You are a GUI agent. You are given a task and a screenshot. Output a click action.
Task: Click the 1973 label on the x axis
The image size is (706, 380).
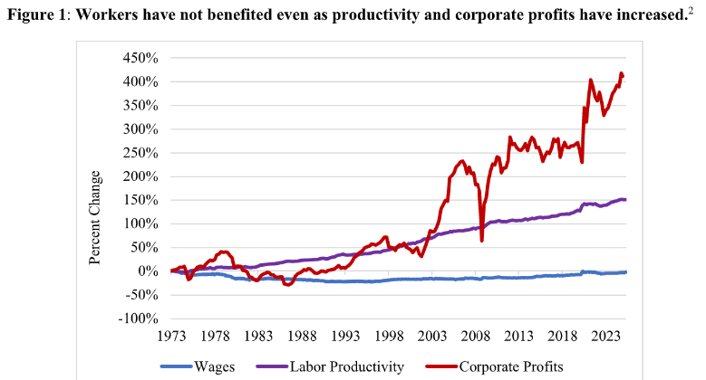172,336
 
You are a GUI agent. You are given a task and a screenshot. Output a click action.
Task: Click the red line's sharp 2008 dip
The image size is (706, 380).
481,241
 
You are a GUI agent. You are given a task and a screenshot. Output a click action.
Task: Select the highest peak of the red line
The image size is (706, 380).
621,73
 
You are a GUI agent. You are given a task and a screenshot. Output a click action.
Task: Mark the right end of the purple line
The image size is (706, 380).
625,200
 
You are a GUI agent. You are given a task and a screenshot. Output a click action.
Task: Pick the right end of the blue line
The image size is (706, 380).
625,271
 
